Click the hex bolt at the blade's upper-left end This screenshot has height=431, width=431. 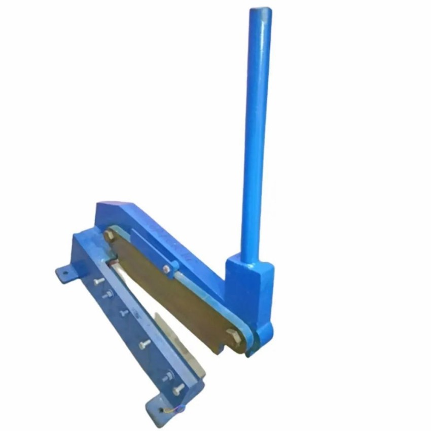coord(110,235)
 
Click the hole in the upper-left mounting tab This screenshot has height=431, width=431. coord(64,273)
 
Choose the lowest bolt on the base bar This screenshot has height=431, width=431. coord(177,390)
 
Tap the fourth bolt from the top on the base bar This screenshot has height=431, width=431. coord(145,344)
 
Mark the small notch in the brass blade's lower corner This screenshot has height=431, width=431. coord(219,350)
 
